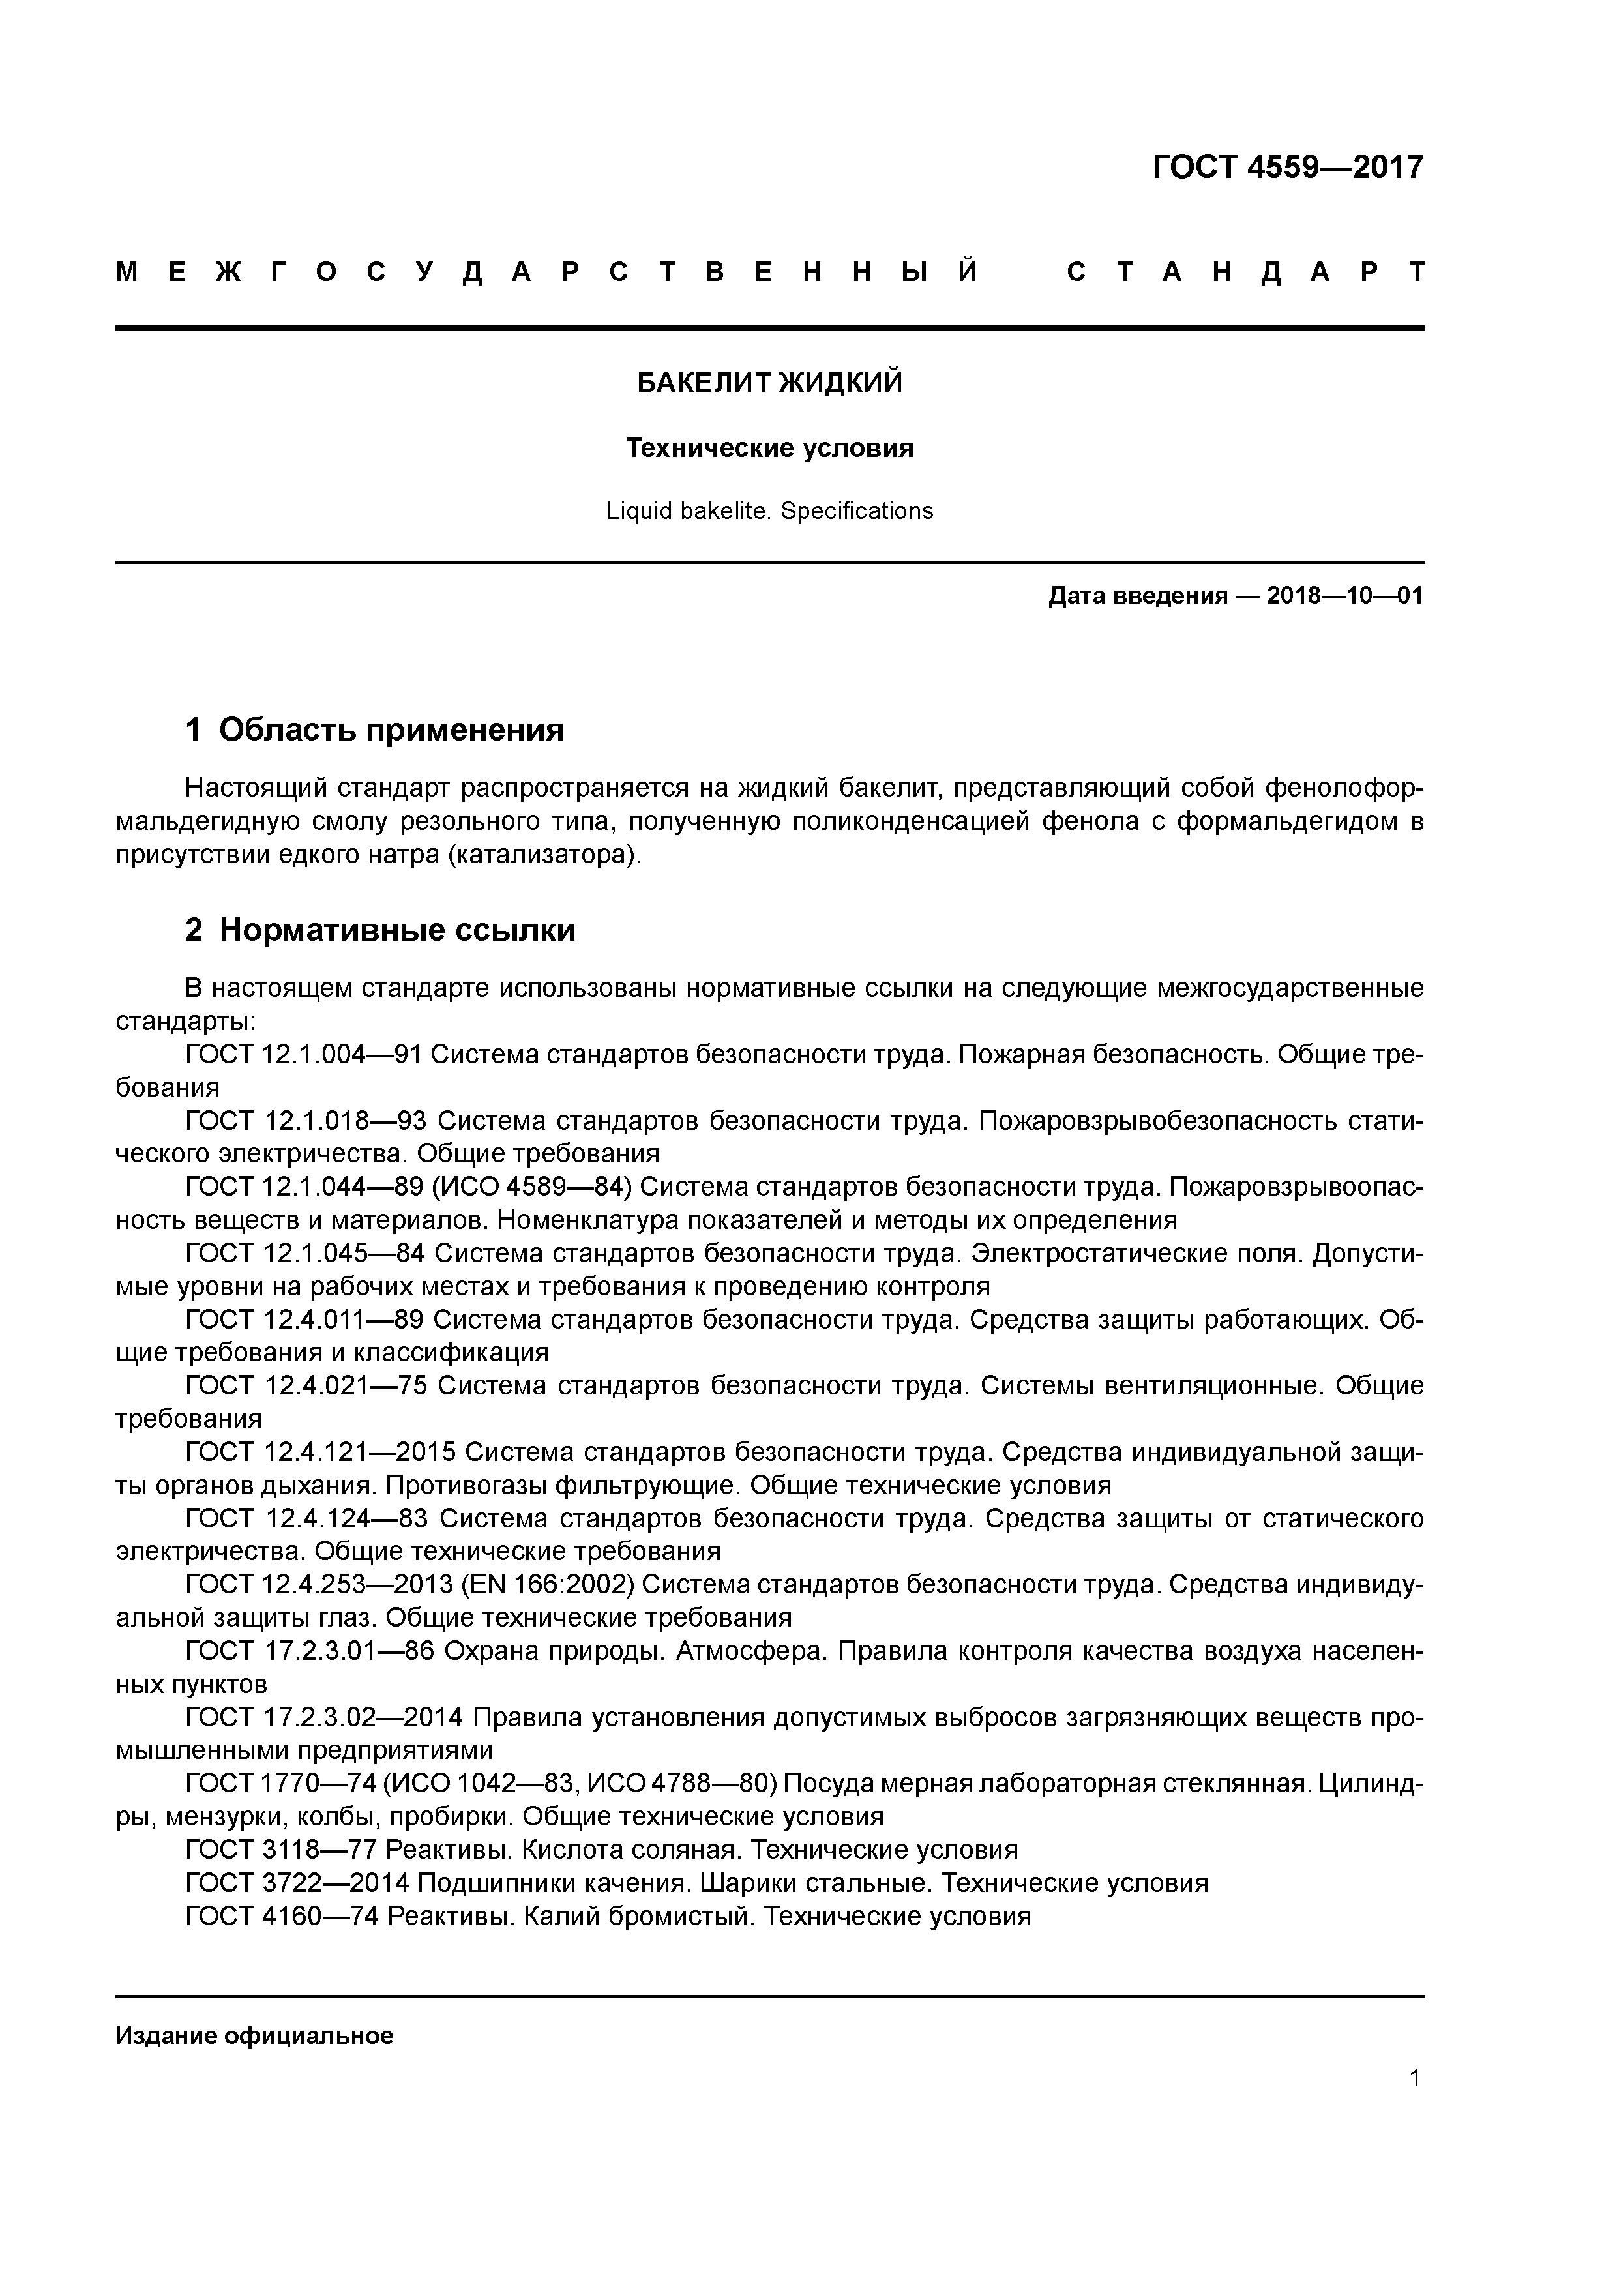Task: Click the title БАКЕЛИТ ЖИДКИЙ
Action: pos(769,383)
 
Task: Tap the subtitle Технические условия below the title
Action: pos(769,449)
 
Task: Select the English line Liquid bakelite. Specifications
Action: pos(769,511)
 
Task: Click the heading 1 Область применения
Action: pos(375,730)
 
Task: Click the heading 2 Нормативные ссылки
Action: pos(381,930)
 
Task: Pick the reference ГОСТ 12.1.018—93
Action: pos(305,1121)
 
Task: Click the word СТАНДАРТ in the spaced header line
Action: pos(1245,272)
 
